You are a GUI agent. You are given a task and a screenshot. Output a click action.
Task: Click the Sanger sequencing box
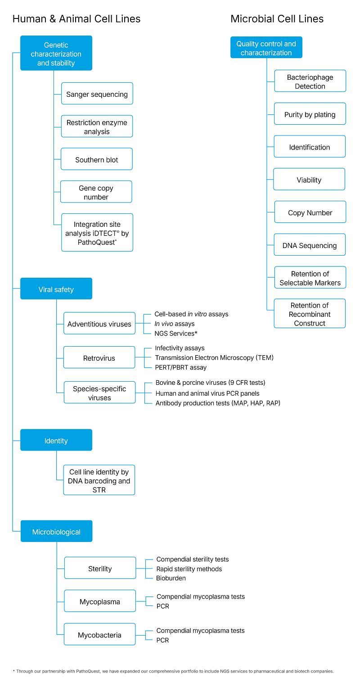[97, 94]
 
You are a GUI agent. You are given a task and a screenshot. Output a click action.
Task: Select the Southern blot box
[96, 160]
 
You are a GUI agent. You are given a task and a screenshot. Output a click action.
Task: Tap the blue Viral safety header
[56, 289]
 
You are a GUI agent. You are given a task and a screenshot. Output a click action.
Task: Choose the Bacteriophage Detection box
[310, 81]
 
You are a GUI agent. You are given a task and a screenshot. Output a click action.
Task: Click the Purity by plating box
[310, 114]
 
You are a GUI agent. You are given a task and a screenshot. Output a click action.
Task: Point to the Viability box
[309, 180]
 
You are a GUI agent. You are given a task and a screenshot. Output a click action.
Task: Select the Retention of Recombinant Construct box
[310, 314]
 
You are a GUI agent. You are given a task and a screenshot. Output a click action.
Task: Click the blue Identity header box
[56, 440]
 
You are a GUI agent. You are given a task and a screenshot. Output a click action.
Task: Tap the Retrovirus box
[99, 358]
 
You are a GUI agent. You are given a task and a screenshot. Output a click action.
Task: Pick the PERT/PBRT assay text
[180, 367]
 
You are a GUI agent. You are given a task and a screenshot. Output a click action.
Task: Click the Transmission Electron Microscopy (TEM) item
[214, 357]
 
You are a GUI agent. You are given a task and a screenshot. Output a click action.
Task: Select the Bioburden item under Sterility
[171, 578]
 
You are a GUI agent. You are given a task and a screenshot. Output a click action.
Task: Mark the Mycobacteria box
[99, 635]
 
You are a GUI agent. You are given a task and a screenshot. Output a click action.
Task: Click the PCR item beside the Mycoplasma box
[163, 606]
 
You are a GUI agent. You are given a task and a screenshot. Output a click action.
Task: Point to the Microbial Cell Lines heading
[277, 19]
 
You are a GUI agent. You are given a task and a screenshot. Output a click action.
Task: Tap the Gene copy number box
[96, 192]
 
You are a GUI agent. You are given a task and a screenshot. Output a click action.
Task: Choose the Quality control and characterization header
[266, 48]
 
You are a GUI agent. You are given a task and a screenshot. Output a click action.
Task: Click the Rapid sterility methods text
[189, 569]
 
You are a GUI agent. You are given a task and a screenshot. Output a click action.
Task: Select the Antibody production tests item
[218, 403]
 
